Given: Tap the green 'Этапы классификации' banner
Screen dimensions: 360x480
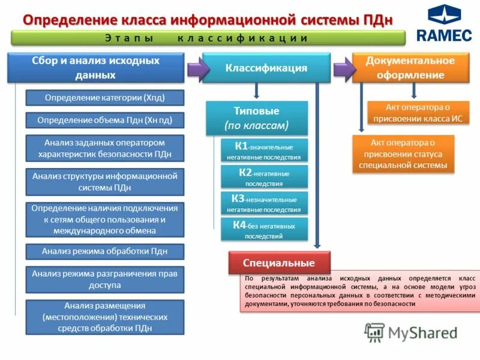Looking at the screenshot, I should click(x=209, y=38).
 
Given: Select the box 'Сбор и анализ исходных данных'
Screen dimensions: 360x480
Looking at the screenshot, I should click(x=95, y=68).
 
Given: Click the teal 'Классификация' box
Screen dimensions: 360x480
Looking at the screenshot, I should click(x=266, y=68).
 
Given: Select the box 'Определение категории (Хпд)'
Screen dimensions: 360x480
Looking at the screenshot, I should click(x=104, y=97).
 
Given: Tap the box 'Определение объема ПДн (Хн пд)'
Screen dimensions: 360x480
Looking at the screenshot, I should click(x=104, y=120).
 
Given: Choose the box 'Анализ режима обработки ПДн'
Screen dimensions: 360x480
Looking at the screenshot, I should click(x=104, y=251).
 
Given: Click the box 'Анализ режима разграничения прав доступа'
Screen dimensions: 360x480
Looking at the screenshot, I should click(x=104, y=280).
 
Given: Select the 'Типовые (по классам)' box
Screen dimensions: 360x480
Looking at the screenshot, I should click(x=257, y=118).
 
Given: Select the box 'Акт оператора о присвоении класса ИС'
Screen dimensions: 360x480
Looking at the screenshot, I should click(x=418, y=112).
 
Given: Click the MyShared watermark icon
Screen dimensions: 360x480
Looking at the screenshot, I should click(x=375, y=332).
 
